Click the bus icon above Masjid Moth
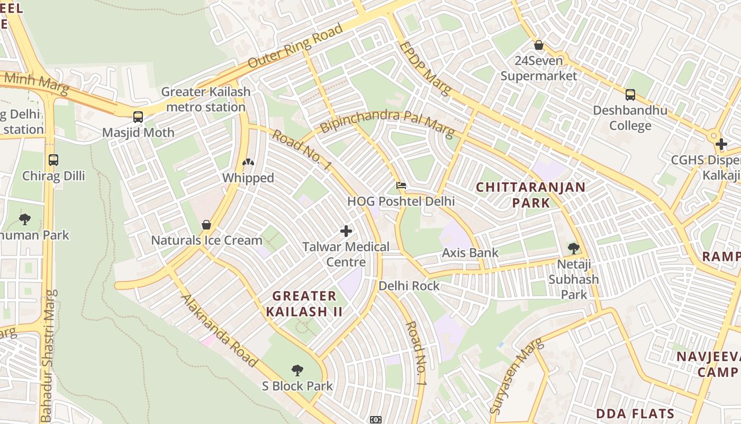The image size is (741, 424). [138, 117]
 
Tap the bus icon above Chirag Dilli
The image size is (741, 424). [53, 160]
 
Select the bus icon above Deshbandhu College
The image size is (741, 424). [630, 95]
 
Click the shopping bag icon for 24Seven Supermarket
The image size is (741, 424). [539, 46]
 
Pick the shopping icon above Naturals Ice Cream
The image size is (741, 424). [206, 225]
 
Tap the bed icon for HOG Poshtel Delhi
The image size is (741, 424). [401, 186]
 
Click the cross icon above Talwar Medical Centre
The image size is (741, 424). [346, 231]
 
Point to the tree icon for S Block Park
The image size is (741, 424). [297, 370]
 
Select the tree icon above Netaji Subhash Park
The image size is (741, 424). [573, 248]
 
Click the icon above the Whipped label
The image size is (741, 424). [248, 162]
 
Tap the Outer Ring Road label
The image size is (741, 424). [295, 46]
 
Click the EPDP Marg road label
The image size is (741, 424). [425, 68]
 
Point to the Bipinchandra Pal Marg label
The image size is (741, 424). [387, 122]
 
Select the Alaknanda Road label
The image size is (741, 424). [219, 331]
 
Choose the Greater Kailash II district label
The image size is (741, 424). [304, 304]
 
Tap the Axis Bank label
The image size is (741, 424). [470, 253]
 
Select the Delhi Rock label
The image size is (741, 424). [409, 286]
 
